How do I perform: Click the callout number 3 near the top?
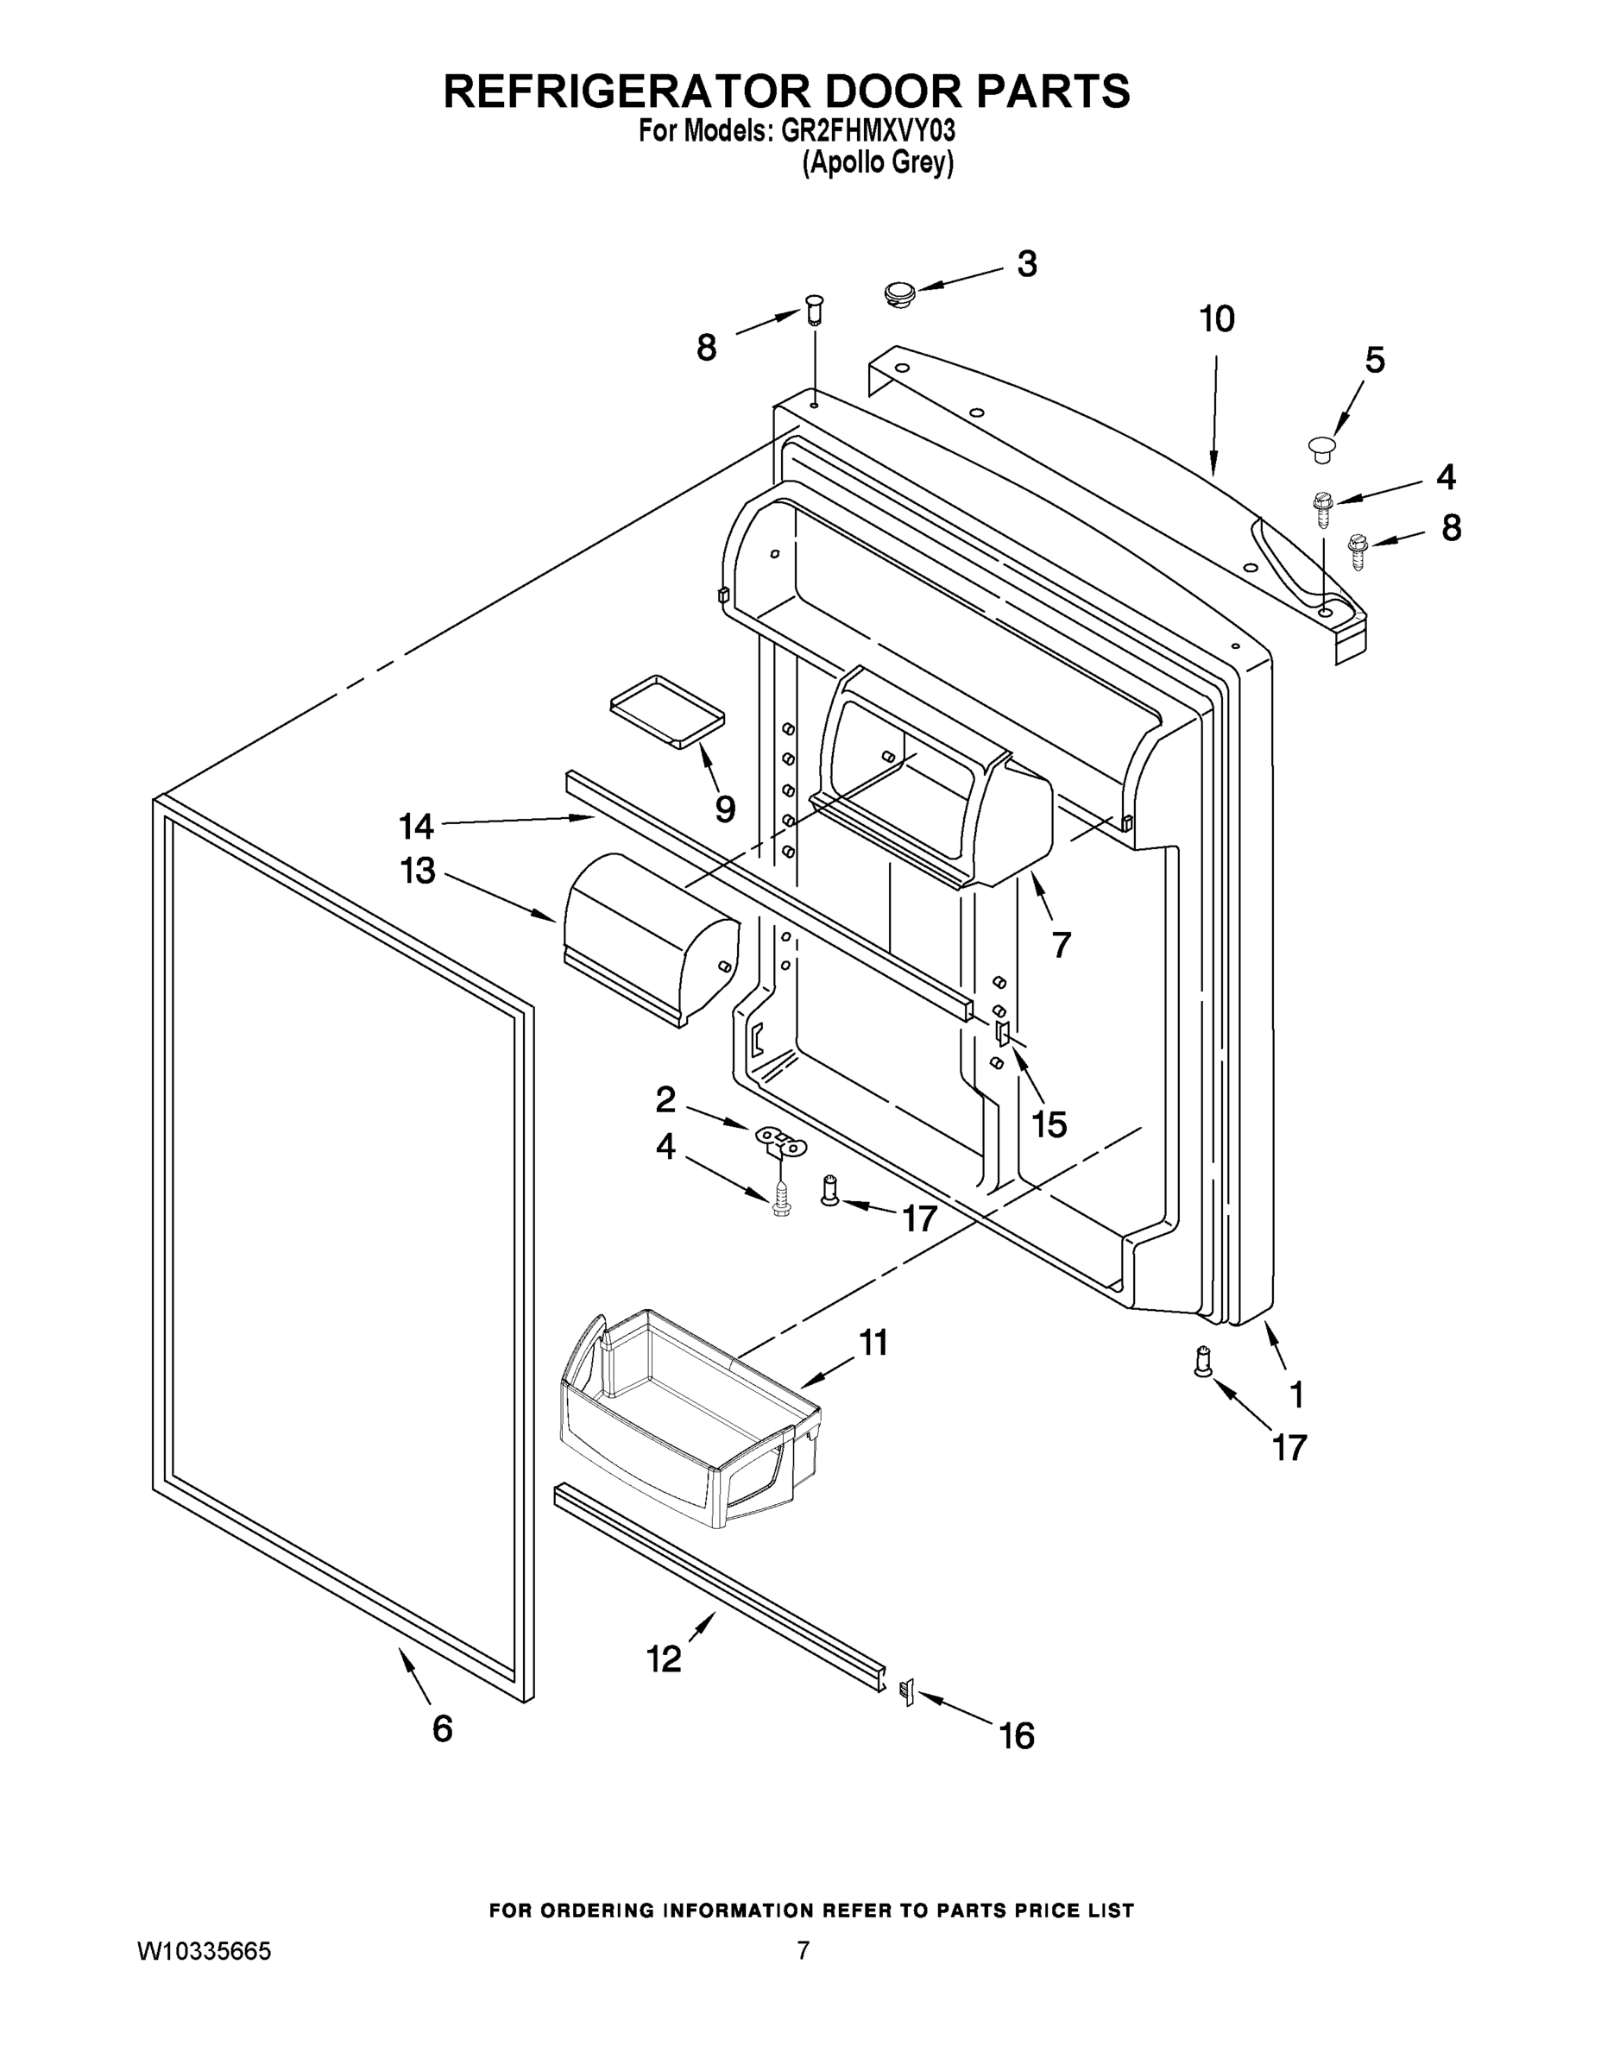coord(1026,265)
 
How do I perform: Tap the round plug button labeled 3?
coord(896,292)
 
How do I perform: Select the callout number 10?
coord(1217,319)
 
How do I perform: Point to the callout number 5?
coord(1374,361)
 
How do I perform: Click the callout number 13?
coord(418,871)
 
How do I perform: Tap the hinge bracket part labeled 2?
coord(779,1141)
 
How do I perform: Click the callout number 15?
coord(1049,1124)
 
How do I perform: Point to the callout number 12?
coord(663,1659)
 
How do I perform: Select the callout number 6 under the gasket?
coord(442,1728)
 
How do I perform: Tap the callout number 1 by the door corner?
coord(1295,1394)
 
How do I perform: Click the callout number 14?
coord(415,826)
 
